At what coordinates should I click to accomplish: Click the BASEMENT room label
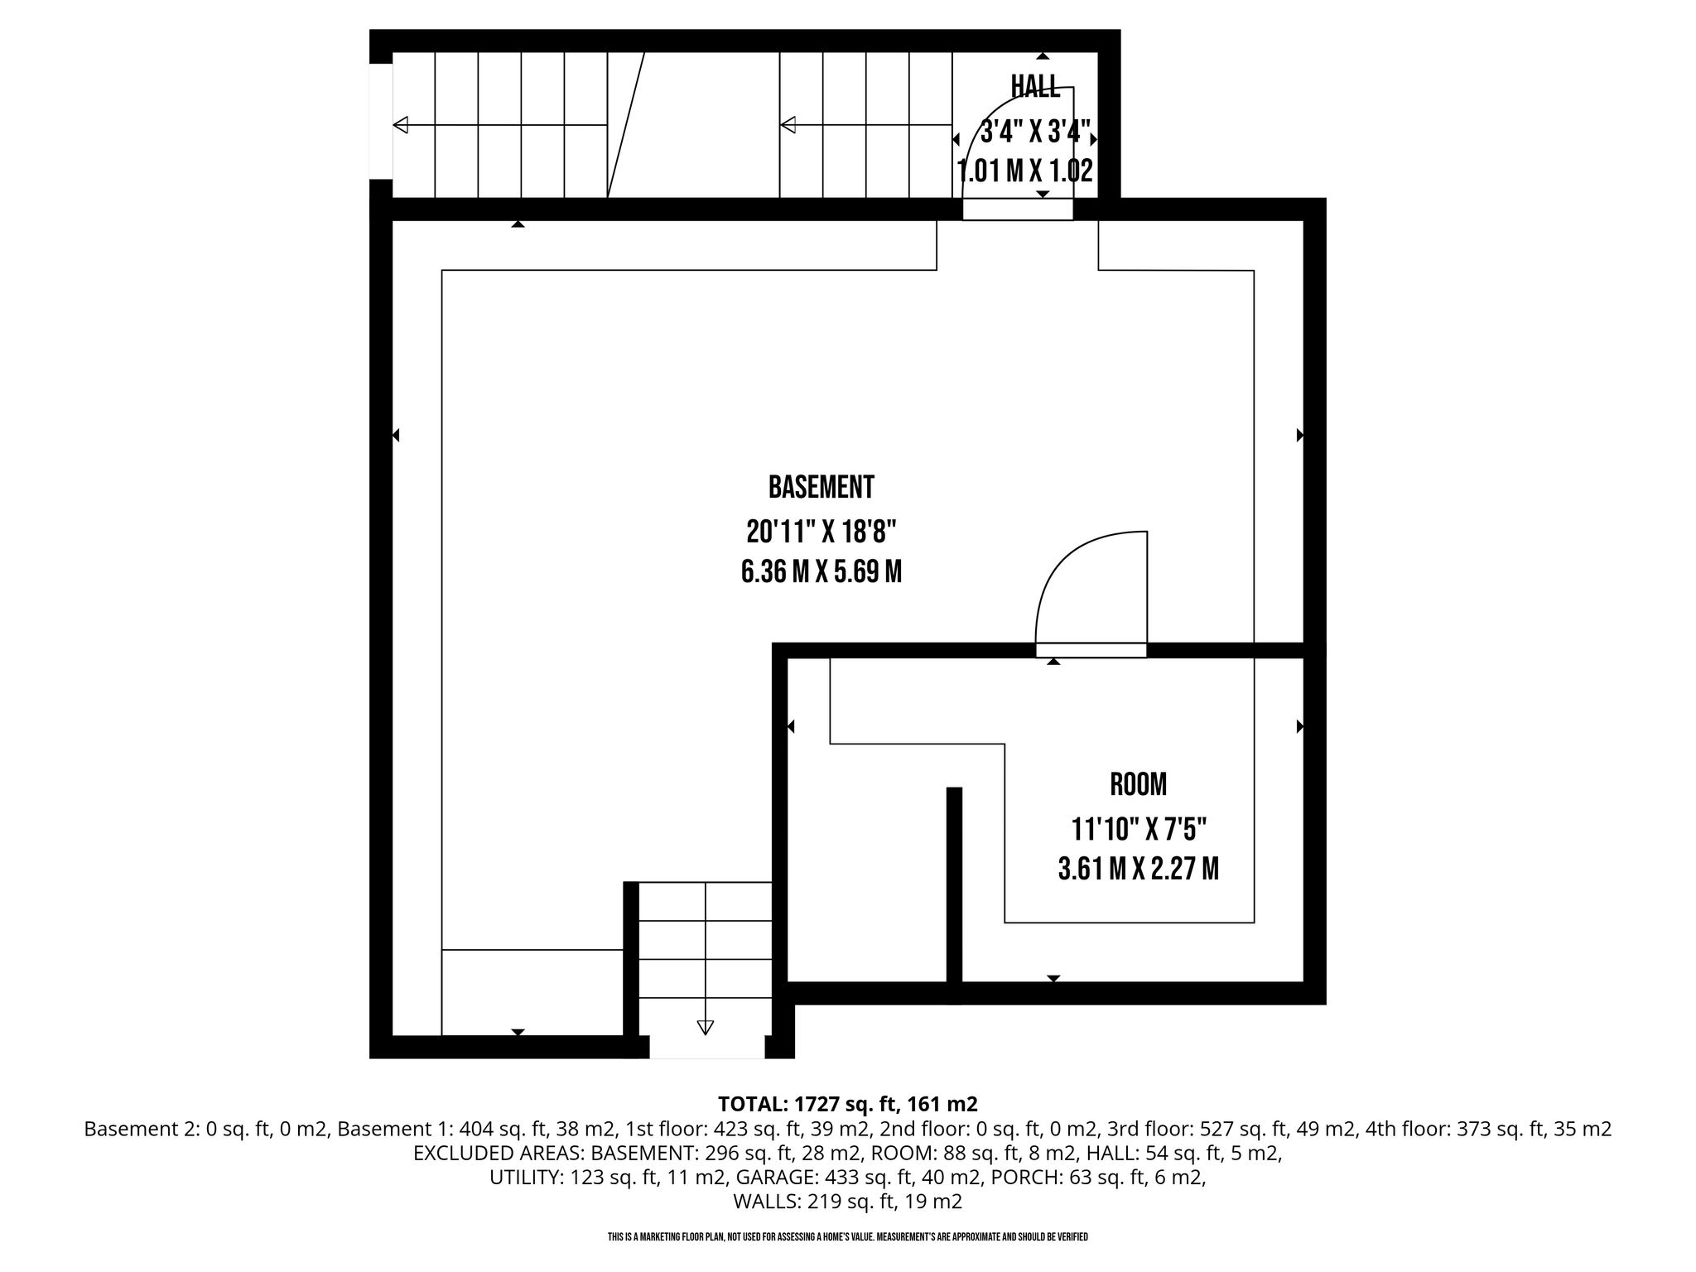coord(821,487)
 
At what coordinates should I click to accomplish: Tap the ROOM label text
coord(1138,784)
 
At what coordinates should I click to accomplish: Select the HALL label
coord(1035,85)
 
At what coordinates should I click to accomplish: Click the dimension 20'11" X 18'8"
coord(821,531)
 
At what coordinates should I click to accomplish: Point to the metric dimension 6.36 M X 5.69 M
coord(821,572)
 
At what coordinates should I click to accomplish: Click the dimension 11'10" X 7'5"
coord(1139,827)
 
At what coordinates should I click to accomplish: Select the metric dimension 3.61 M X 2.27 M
coord(1139,869)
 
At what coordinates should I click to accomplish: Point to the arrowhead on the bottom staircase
coord(705,1028)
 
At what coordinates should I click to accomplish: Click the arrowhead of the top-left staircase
coord(401,125)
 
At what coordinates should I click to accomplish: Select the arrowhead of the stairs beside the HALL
coord(788,125)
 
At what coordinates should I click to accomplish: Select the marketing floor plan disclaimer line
coord(848,1237)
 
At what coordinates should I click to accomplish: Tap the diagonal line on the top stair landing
coord(626,125)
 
